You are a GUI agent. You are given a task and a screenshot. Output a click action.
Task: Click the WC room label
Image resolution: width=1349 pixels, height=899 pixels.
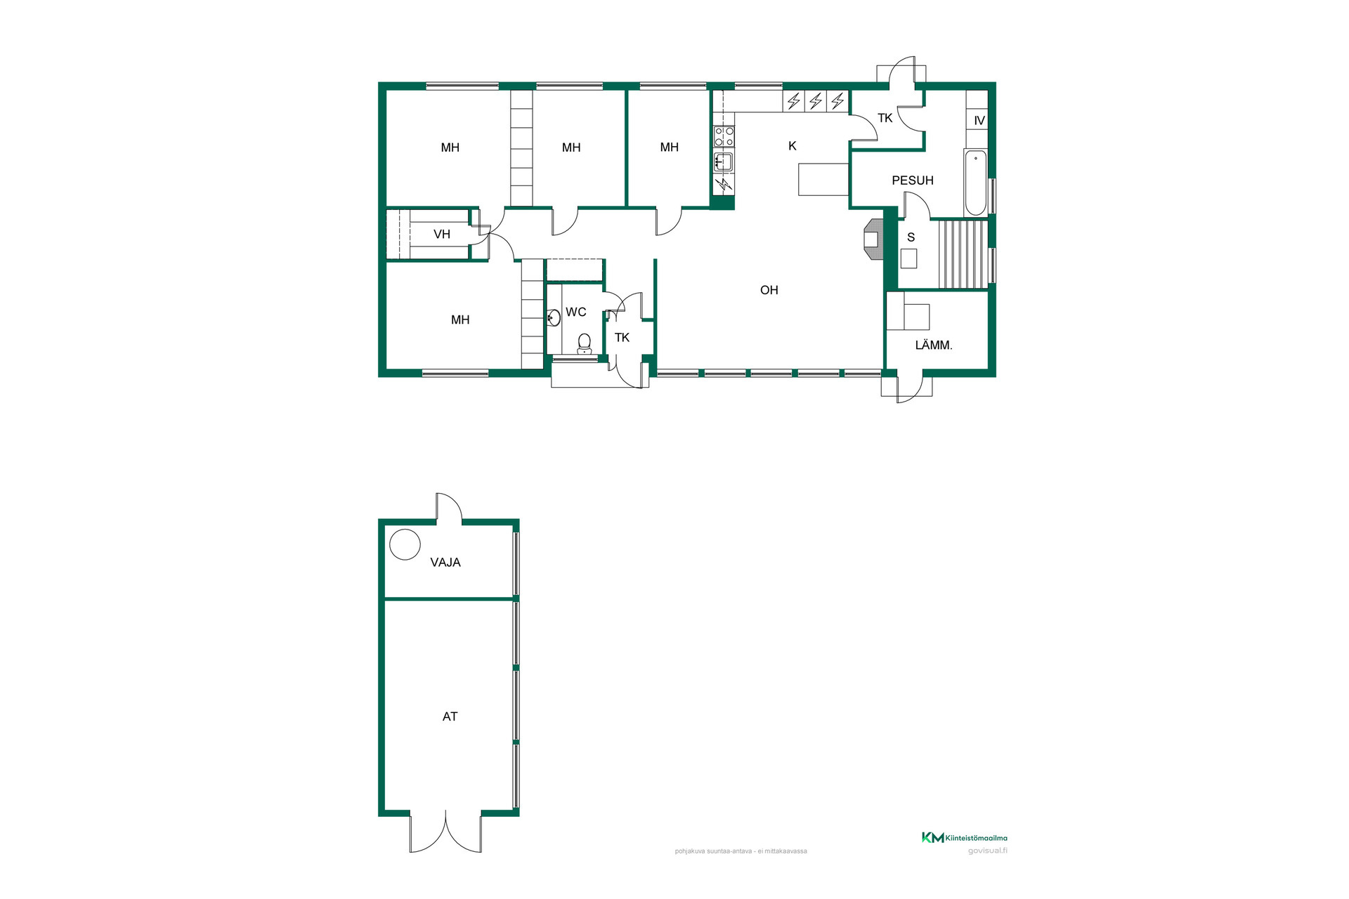point(575,312)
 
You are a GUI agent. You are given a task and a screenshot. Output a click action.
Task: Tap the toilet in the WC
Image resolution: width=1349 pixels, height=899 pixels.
point(584,343)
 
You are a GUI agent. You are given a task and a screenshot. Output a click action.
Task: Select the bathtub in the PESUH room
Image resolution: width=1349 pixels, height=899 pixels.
point(975,183)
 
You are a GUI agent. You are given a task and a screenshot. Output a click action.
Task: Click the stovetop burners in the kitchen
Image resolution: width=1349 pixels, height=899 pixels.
point(724,137)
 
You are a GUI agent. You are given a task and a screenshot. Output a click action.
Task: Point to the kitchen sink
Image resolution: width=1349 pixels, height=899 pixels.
point(724,162)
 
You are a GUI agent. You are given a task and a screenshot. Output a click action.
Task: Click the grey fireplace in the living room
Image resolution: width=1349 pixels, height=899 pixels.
point(872,239)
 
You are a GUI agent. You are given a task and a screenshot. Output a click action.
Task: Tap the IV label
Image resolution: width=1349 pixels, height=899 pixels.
point(979,121)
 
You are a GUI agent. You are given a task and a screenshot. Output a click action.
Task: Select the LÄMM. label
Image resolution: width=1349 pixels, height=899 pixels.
point(934,345)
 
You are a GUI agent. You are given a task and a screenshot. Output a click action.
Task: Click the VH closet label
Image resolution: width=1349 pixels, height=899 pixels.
point(442,234)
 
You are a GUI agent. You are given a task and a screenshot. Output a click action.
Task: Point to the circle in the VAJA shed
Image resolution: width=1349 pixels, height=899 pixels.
point(405,544)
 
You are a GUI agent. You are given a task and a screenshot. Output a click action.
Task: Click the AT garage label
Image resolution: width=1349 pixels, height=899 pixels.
point(450,716)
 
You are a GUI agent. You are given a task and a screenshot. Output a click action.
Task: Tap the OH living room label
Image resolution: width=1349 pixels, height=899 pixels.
point(769,290)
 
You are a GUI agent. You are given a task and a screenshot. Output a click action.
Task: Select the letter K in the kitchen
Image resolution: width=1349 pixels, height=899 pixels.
point(793,146)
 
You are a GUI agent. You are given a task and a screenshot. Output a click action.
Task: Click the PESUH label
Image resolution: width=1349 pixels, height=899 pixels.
point(913,181)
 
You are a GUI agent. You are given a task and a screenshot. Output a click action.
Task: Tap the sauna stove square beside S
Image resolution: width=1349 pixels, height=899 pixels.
point(909,258)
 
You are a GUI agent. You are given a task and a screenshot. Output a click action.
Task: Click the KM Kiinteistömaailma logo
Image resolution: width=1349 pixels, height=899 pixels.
point(965,837)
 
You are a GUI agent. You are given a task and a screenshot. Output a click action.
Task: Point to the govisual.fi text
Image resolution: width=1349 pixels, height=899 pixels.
point(988,851)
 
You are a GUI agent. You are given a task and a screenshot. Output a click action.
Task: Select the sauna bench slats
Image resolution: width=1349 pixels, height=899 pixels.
point(963,254)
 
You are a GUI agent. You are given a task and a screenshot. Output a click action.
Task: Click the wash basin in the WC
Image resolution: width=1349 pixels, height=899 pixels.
point(553,318)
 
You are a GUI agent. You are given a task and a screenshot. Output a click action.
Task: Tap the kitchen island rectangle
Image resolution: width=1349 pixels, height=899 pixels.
point(823,179)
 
